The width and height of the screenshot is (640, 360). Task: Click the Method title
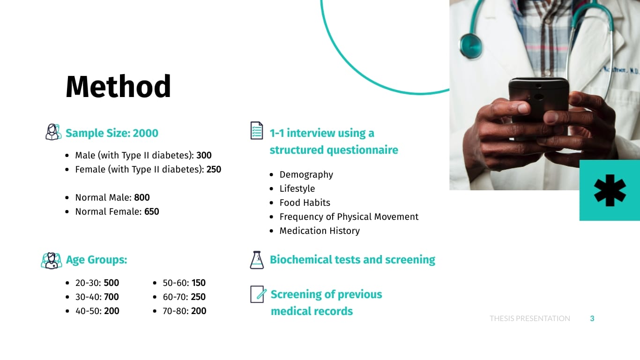(118, 86)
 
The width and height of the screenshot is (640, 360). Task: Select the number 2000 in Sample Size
(145, 133)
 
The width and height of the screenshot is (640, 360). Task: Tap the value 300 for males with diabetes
(204, 155)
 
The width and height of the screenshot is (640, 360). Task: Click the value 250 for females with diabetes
(214, 169)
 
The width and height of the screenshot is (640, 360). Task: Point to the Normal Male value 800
(142, 197)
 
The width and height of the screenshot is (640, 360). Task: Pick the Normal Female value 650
(152, 211)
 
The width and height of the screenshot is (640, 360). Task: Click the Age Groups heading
(97, 260)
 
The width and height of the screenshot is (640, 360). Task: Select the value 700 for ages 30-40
(112, 297)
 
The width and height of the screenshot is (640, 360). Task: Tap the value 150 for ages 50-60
(199, 283)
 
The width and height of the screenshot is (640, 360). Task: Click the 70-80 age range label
(175, 311)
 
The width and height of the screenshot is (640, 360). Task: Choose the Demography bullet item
(306, 175)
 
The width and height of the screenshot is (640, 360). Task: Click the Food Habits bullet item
(305, 202)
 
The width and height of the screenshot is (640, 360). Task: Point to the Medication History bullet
(320, 231)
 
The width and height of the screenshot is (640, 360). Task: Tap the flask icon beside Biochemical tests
(257, 260)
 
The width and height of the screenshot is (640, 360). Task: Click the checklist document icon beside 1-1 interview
(257, 130)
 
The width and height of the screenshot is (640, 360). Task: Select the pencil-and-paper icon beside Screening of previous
(258, 294)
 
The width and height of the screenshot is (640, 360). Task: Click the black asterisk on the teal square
(610, 190)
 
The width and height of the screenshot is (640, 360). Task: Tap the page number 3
(592, 319)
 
